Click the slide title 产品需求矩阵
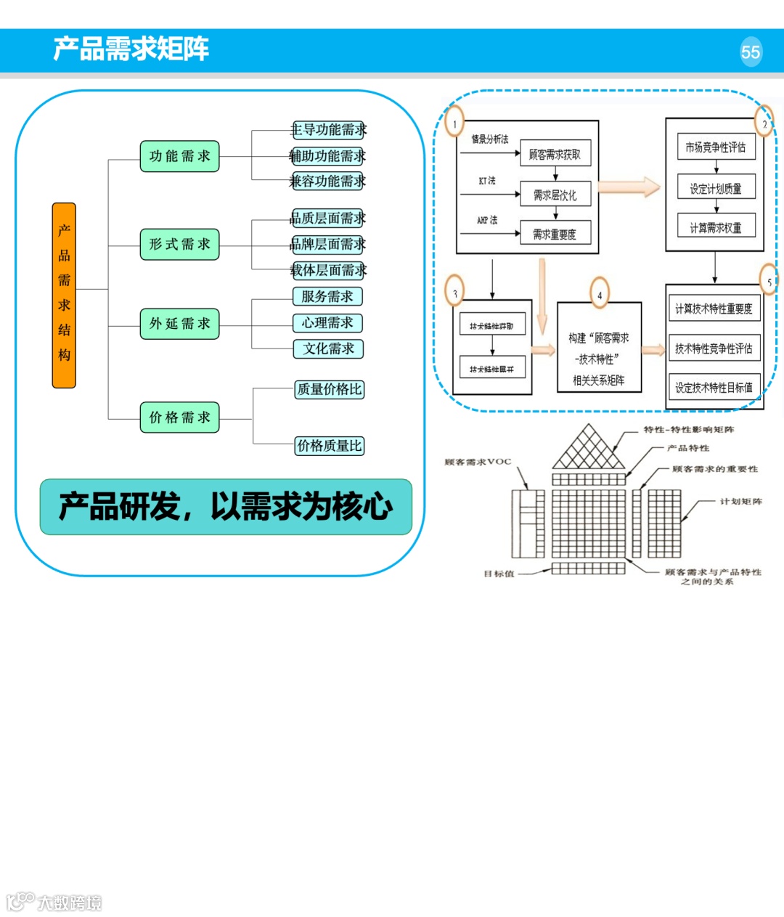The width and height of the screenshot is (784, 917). click(x=131, y=49)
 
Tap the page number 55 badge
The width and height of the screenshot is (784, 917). click(x=751, y=52)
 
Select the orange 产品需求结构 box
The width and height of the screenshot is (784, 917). click(x=64, y=295)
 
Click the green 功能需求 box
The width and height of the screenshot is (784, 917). click(x=179, y=156)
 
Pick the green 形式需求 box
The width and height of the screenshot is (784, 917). click(x=179, y=245)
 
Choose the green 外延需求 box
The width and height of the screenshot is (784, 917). click(x=179, y=324)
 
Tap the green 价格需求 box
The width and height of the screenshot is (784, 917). click(x=179, y=417)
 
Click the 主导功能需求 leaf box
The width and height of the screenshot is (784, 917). click(x=328, y=130)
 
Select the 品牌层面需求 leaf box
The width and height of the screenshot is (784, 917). click(x=328, y=244)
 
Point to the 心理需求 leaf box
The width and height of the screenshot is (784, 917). click(x=327, y=322)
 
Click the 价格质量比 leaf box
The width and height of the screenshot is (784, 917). click(x=330, y=446)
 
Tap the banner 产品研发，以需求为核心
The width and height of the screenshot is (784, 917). click(x=226, y=507)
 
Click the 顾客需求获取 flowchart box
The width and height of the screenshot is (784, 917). click(x=555, y=154)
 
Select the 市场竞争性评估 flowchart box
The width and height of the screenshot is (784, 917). click(x=716, y=147)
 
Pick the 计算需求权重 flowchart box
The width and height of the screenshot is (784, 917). click(x=716, y=227)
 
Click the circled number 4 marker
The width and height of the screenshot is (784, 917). click(x=600, y=295)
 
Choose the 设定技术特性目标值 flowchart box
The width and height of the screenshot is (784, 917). click(x=714, y=388)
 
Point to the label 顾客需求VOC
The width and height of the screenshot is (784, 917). click(x=478, y=462)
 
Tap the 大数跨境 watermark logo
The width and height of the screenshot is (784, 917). click(x=54, y=902)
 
